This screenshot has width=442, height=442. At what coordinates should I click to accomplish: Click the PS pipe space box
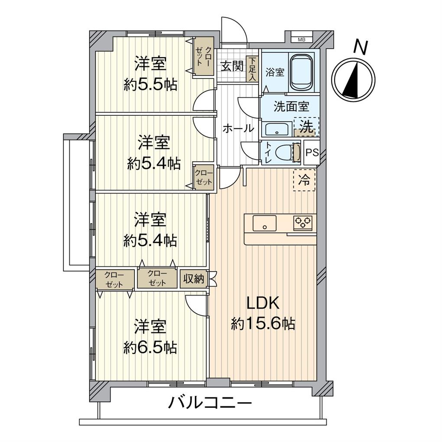coord(312,153)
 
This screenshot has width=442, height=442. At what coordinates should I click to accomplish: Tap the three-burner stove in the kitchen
coord(303,222)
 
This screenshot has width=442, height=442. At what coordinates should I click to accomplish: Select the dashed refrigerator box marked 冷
coord(305,180)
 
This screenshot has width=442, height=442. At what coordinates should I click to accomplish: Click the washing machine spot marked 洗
coord(306,127)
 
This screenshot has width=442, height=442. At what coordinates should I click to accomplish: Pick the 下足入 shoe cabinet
coord(252,68)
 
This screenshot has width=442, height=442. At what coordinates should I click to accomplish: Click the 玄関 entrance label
coord(232,66)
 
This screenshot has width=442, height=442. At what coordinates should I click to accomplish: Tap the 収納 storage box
coord(192,279)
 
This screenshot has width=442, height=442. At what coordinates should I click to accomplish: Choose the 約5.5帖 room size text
coord(150,85)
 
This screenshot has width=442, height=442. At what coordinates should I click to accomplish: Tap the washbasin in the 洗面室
coord(276,130)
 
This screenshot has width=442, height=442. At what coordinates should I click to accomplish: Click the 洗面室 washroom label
coord(291,107)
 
